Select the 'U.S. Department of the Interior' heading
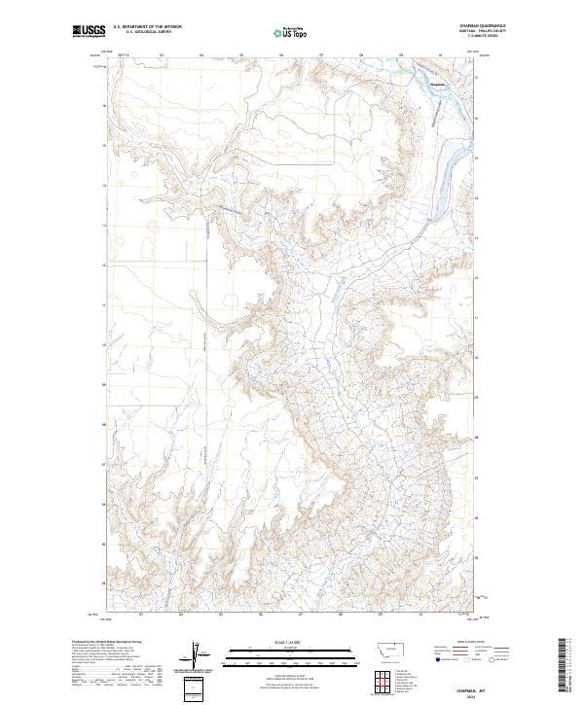tap(147, 28)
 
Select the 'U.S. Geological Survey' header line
tap(147, 33)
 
